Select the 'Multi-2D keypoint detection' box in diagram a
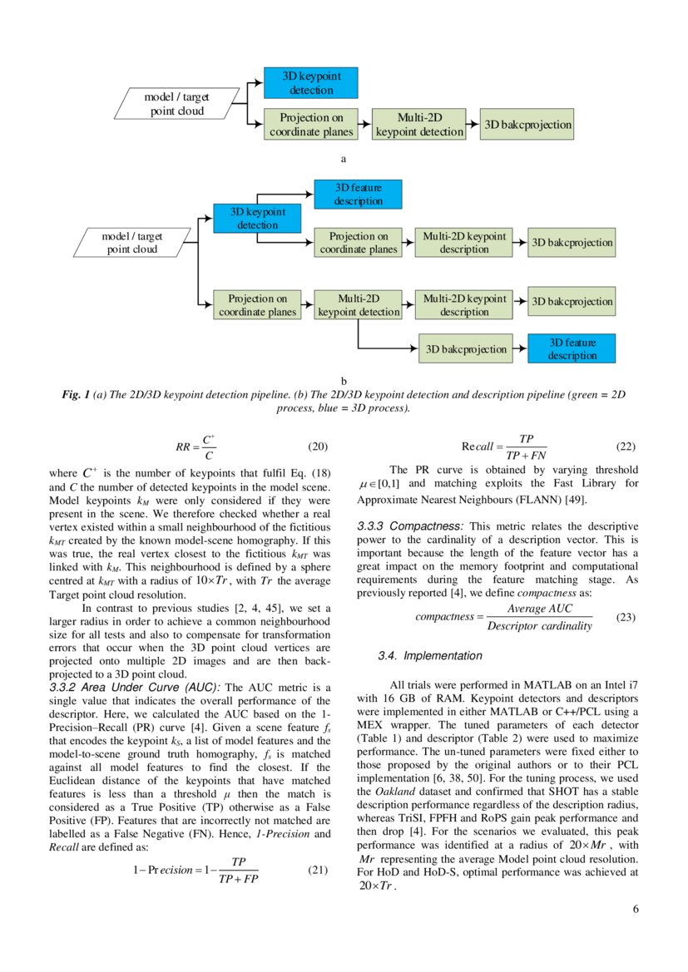pyautogui.click(x=419, y=125)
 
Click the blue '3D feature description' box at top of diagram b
pyautogui.click(x=359, y=195)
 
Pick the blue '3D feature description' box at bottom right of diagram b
pyautogui.click(x=572, y=349)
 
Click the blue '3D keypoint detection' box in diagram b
pyautogui.click(x=257, y=218)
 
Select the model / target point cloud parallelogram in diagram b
pyautogui.click(x=132, y=243)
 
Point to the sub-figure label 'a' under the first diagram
pyautogui.click(x=343, y=157)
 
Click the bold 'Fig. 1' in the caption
pyautogui.click(x=77, y=396)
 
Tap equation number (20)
pyautogui.click(x=319, y=447)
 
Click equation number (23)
pyautogui.click(x=626, y=618)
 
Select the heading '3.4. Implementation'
pyautogui.click(x=429, y=656)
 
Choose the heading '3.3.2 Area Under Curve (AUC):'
pyautogui.click(x=135, y=687)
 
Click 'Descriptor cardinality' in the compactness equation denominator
pyautogui.click(x=539, y=626)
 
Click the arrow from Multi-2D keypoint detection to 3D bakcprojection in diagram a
pyautogui.click(x=475, y=125)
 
